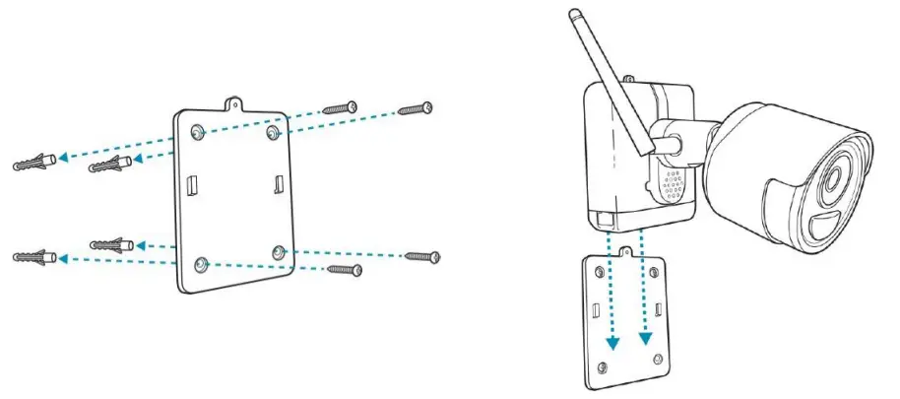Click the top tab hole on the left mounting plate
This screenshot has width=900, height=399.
click(233, 100)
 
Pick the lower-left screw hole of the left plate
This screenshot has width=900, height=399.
click(202, 263)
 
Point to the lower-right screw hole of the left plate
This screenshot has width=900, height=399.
click(280, 253)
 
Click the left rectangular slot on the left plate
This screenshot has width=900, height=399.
click(193, 184)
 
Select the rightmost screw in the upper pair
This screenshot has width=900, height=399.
click(416, 108)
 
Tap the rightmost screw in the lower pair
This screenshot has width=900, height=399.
click(421, 256)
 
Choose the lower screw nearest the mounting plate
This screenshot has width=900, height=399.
click(346, 268)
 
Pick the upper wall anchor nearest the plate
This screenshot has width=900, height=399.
click(109, 165)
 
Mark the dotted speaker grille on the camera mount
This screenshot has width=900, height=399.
click(674, 182)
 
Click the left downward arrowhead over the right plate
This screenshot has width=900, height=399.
click(613, 341)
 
